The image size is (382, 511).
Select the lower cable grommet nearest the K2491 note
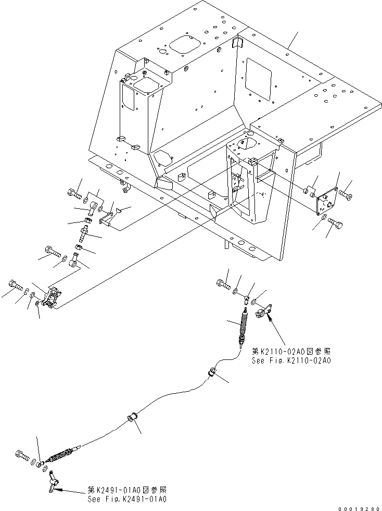[132, 419]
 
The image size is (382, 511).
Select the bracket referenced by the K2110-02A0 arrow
[264, 311]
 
